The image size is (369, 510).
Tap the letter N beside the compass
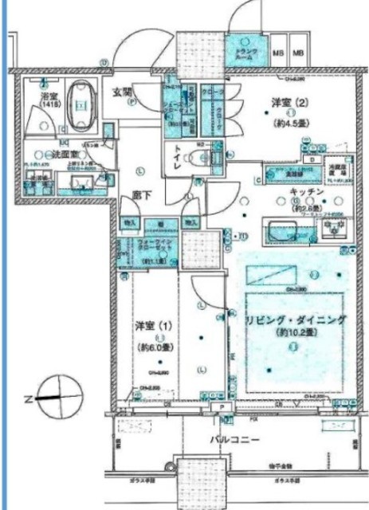point(28,396)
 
